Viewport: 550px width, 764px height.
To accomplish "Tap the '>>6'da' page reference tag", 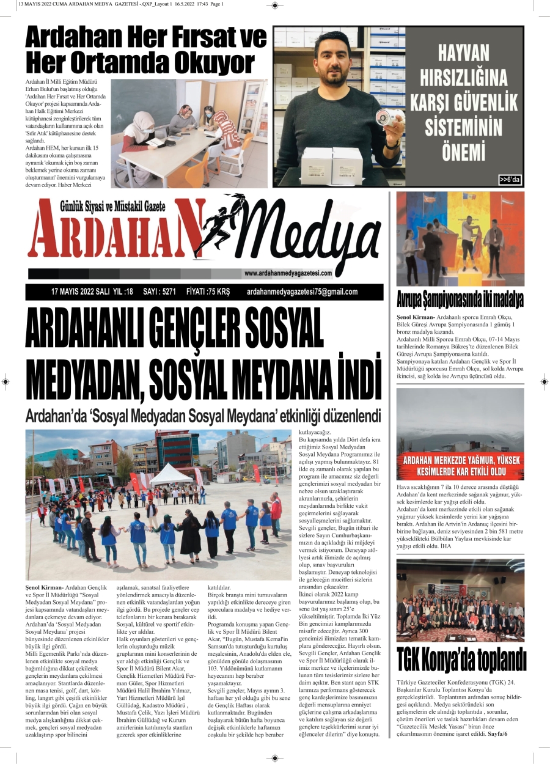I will tap(509, 180).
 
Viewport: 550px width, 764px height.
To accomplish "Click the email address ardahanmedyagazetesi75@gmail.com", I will tap(302, 292).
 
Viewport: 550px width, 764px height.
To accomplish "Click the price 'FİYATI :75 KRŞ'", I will tap(208, 292).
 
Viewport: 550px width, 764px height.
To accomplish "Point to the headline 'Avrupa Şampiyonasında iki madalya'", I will tap(460, 301).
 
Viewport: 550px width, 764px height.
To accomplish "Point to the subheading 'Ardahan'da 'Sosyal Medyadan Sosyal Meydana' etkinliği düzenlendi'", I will tap(203, 416).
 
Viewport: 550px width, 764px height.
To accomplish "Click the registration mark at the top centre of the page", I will tap(274, 5).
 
